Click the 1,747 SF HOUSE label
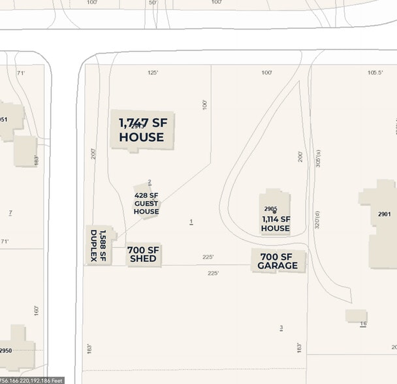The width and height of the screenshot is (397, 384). [142, 130]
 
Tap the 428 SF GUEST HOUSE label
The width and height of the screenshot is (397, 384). [146, 203]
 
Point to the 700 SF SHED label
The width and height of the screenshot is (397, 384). [143, 254]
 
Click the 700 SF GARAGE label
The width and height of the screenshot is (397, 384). [278, 261]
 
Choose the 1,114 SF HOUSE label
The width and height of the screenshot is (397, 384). [276, 224]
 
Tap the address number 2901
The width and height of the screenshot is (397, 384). [384, 214]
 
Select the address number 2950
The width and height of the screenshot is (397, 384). [6, 351]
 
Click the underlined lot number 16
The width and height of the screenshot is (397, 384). [363, 324]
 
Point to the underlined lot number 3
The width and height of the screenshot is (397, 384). [281, 327]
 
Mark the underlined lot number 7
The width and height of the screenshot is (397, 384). [10, 213]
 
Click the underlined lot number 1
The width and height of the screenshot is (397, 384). [191, 222]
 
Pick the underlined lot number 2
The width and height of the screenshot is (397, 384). [150, 182]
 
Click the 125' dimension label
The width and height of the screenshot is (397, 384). [153, 73]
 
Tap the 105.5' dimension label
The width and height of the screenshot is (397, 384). [375, 73]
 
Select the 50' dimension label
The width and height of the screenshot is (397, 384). [153, 3]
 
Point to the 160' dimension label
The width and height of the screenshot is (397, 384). [37, 310]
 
